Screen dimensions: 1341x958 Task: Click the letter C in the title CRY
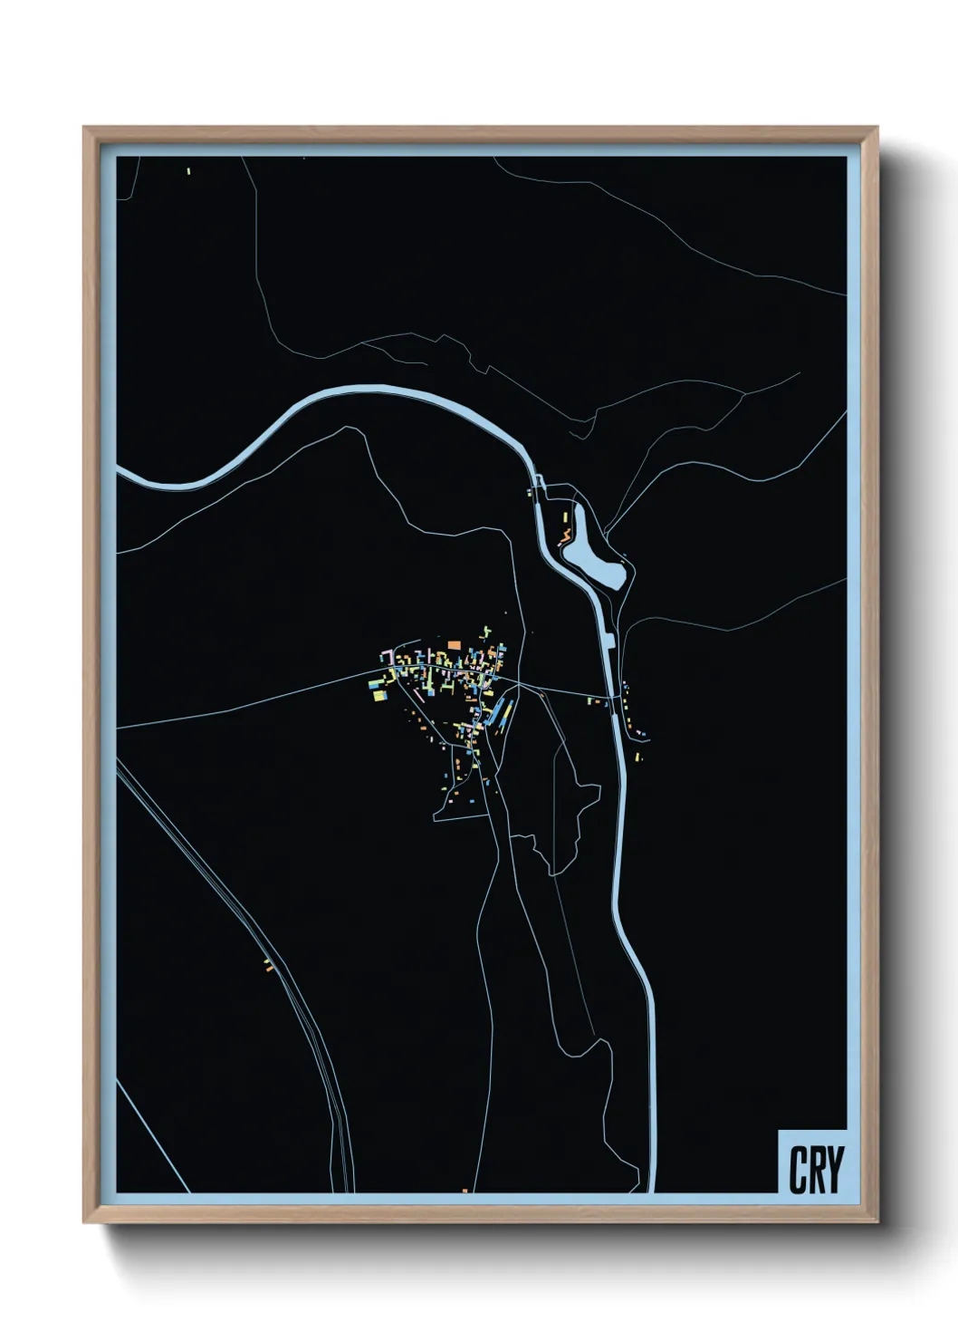(x=798, y=1170)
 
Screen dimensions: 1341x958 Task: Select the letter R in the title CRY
(x=816, y=1170)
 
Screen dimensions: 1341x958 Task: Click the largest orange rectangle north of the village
(x=454, y=644)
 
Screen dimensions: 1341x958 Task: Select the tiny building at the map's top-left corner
(x=188, y=170)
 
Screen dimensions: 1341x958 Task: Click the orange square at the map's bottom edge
(x=465, y=1191)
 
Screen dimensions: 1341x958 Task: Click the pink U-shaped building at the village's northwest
(x=387, y=654)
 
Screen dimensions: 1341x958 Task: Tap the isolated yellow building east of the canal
(x=637, y=755)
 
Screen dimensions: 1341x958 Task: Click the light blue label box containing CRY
(x=812, y=1162)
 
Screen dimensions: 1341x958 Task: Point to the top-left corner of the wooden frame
(x=84, y=128)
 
